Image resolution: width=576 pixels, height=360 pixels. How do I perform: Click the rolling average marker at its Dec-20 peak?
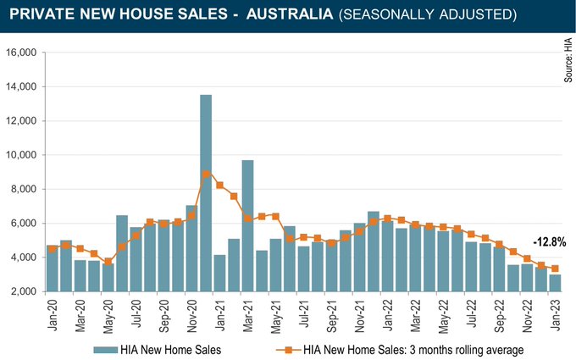206,174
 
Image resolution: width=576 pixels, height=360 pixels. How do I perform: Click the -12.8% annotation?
549,241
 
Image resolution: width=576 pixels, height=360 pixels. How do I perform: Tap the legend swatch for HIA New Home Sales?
104,348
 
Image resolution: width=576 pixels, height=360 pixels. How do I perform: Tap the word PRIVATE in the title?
42,16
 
